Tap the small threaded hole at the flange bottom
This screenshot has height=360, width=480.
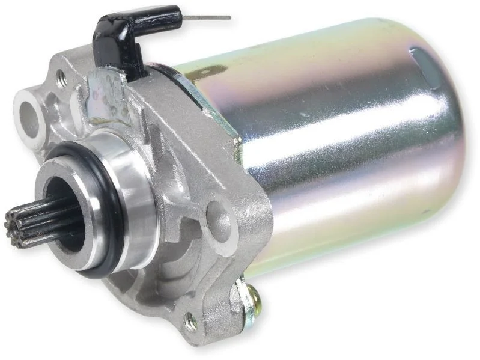point(191,322)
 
